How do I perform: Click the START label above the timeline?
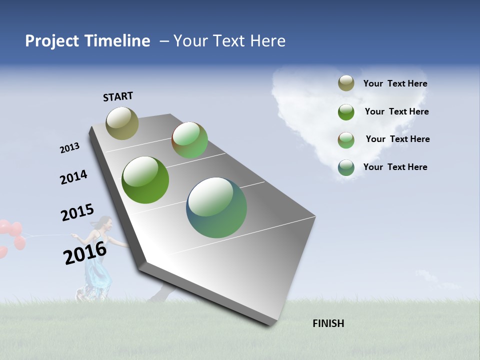coord(118,96)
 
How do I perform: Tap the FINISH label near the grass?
coord(328,323)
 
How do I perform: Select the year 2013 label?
coord(69,148)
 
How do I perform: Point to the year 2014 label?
coord(73,177)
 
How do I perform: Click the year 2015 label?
coord(77,213)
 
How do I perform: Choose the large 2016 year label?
coord(85,252)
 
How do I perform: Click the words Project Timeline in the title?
coord(87,41)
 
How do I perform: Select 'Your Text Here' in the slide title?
coord(229,41)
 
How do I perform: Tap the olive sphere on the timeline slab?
coord(122,123)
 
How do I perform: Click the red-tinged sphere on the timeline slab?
coord(189,140)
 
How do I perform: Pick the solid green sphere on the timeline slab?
coord(145,180)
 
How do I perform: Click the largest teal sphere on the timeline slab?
coord(216,207)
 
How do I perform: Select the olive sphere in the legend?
coord(346,83)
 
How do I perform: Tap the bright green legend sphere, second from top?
coord(346,111)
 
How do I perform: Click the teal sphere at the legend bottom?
coord(346,167)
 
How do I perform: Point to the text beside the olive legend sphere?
coord(395,83)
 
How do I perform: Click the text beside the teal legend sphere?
coord(395,167)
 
